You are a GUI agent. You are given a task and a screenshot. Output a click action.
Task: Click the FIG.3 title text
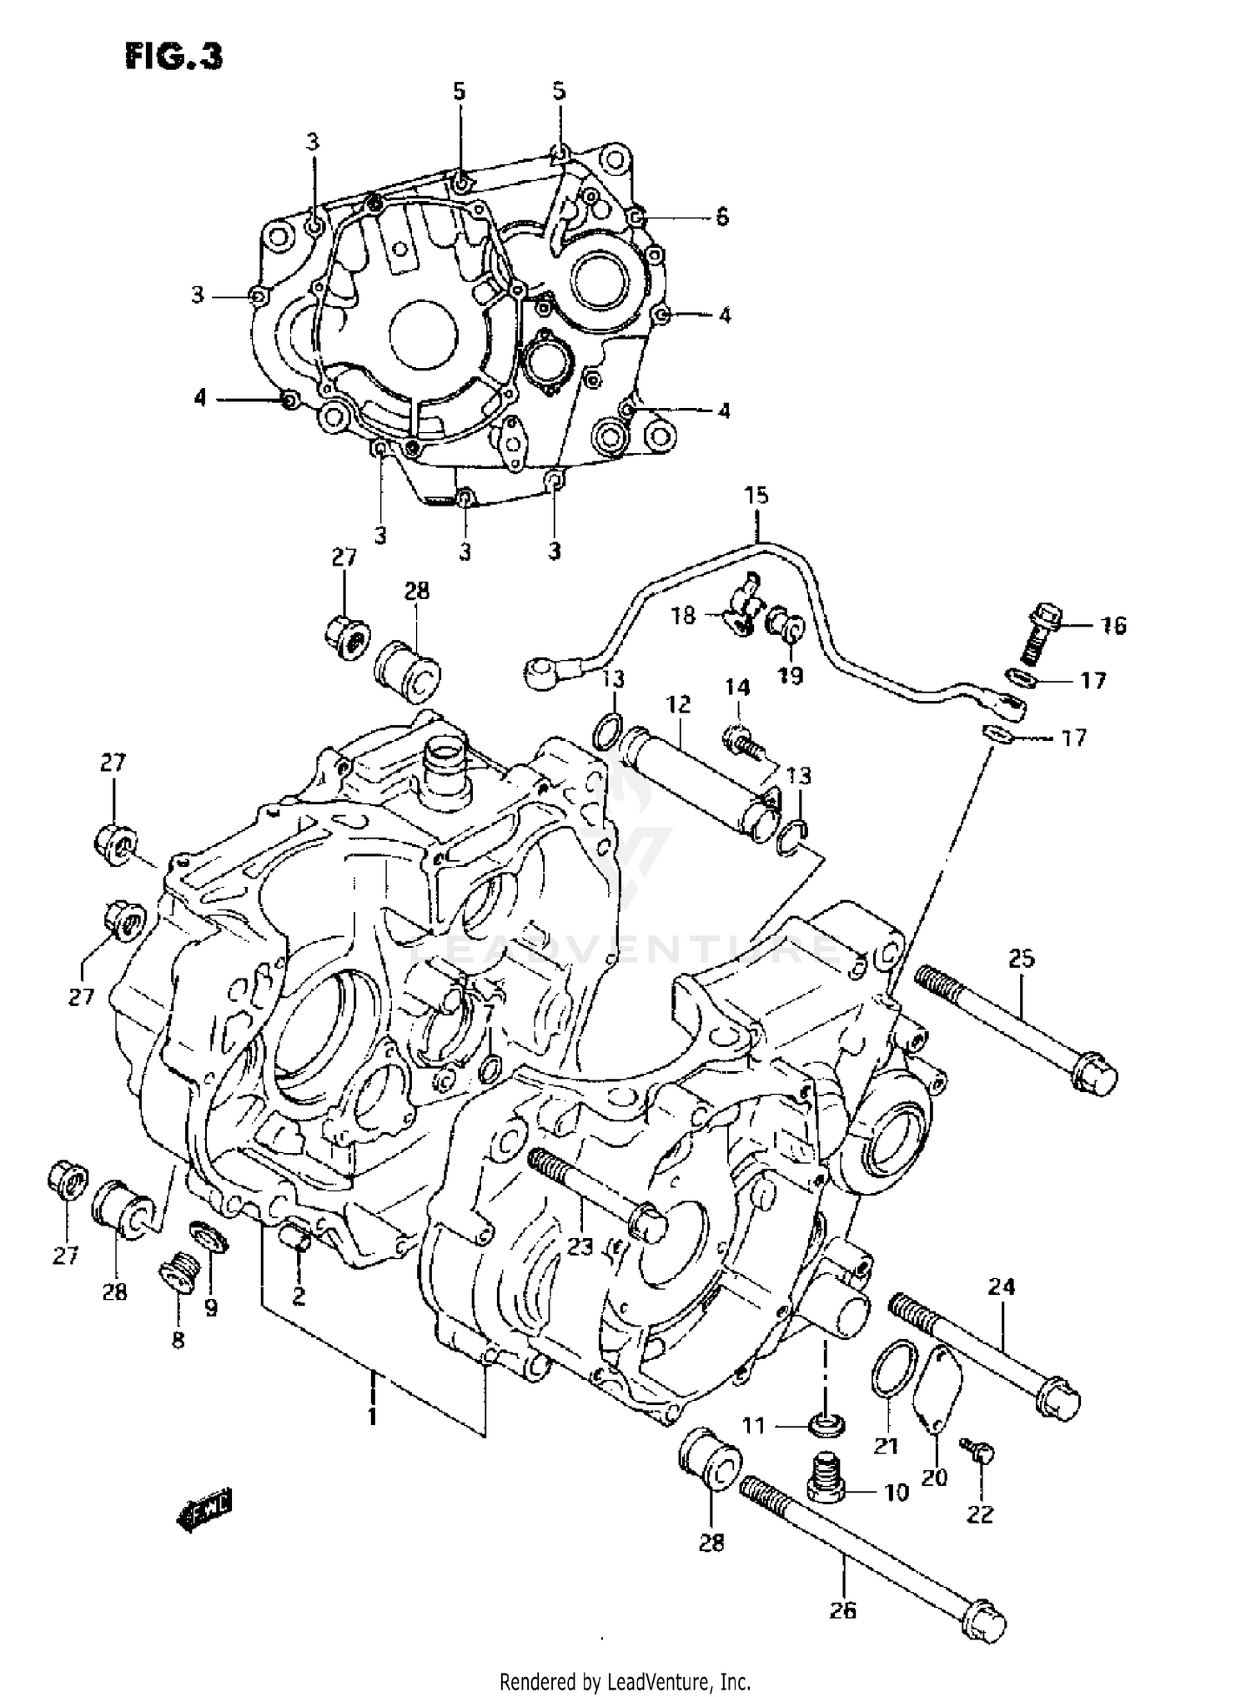[x=174, y=58]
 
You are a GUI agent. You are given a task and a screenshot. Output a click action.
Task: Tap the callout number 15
[x=756, y=496]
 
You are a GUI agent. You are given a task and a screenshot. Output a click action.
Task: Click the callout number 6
[x=721, y=217]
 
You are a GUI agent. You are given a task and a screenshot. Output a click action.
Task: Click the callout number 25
[x=1021, y=959]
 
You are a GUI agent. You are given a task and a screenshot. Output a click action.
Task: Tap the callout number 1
[x=372, y=1415]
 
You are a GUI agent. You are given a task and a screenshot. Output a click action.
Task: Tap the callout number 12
[x=678, y=704]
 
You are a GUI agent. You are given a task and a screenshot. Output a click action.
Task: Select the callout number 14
[x=737, y=687]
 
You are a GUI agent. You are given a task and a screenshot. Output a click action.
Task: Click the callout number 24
[x=1002, y=1287]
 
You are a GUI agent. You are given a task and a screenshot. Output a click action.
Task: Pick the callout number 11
[x=753, y=1426]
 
